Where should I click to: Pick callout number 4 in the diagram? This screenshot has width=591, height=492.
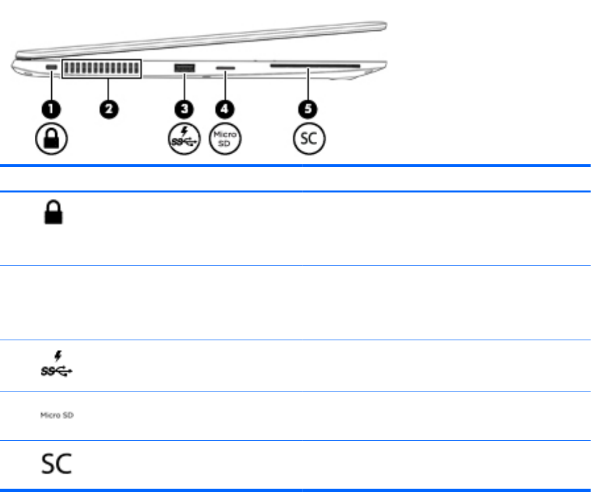[x=225, y=108]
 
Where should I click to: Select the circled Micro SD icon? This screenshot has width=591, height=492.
[x=225, y=139]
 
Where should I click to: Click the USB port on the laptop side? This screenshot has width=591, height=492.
[x=183, y=68]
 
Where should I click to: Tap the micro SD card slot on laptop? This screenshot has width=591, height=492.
[x=226, y=68]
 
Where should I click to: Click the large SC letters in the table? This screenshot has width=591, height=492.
[x=55, y=464]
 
